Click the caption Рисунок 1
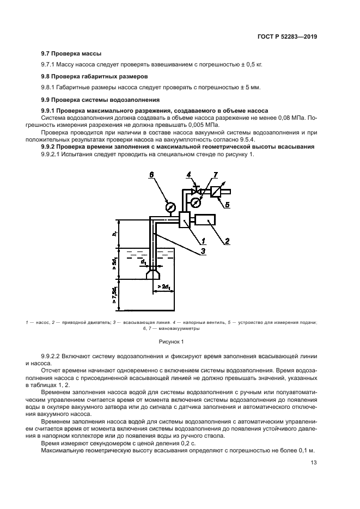click(172, 341)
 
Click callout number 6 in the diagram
click(151, 175)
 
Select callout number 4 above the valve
click(188, 175)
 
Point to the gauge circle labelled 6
click(169, 207)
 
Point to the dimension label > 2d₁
click(163, 286)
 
